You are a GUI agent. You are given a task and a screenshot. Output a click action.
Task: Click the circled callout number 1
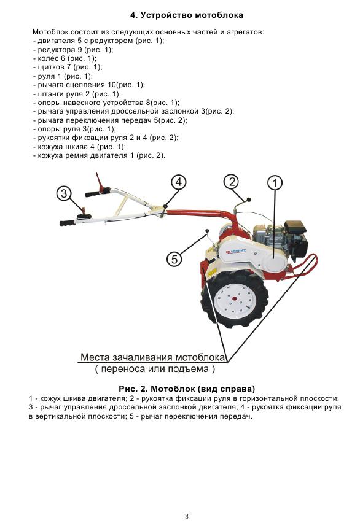pos(275,183)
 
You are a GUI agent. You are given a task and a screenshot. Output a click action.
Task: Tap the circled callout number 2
pos(232,182)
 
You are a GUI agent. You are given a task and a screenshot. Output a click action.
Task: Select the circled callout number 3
pos(64,194)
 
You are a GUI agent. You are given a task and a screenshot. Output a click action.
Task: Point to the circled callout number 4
pos(178,182)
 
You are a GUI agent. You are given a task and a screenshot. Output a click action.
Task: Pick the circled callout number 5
pos(174,259)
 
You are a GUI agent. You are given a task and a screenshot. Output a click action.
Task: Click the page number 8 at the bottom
pos(187,516)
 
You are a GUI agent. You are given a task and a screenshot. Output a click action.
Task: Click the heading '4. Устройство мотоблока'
pos(187,15)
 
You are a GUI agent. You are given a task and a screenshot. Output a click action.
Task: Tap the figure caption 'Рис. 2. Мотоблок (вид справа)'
pos(187,389)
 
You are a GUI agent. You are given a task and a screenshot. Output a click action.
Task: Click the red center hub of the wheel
pos(234,299)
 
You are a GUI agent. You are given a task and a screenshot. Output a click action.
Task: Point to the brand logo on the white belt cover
pos(236,251)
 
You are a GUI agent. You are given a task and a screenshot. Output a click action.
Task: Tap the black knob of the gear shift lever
pos(206,231)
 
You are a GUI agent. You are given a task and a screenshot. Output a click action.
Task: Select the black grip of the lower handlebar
pos(68,223)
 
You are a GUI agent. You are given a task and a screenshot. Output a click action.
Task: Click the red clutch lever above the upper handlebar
pos(100,182)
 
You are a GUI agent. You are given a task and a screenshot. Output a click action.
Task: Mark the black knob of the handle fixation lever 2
pos(248,200)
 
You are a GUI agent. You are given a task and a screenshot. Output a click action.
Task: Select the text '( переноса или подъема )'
pos(155,369)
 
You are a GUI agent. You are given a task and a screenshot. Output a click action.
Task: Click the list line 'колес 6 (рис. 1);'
pos(65,58)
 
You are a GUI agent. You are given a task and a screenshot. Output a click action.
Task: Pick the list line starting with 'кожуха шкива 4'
pos(79,147)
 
